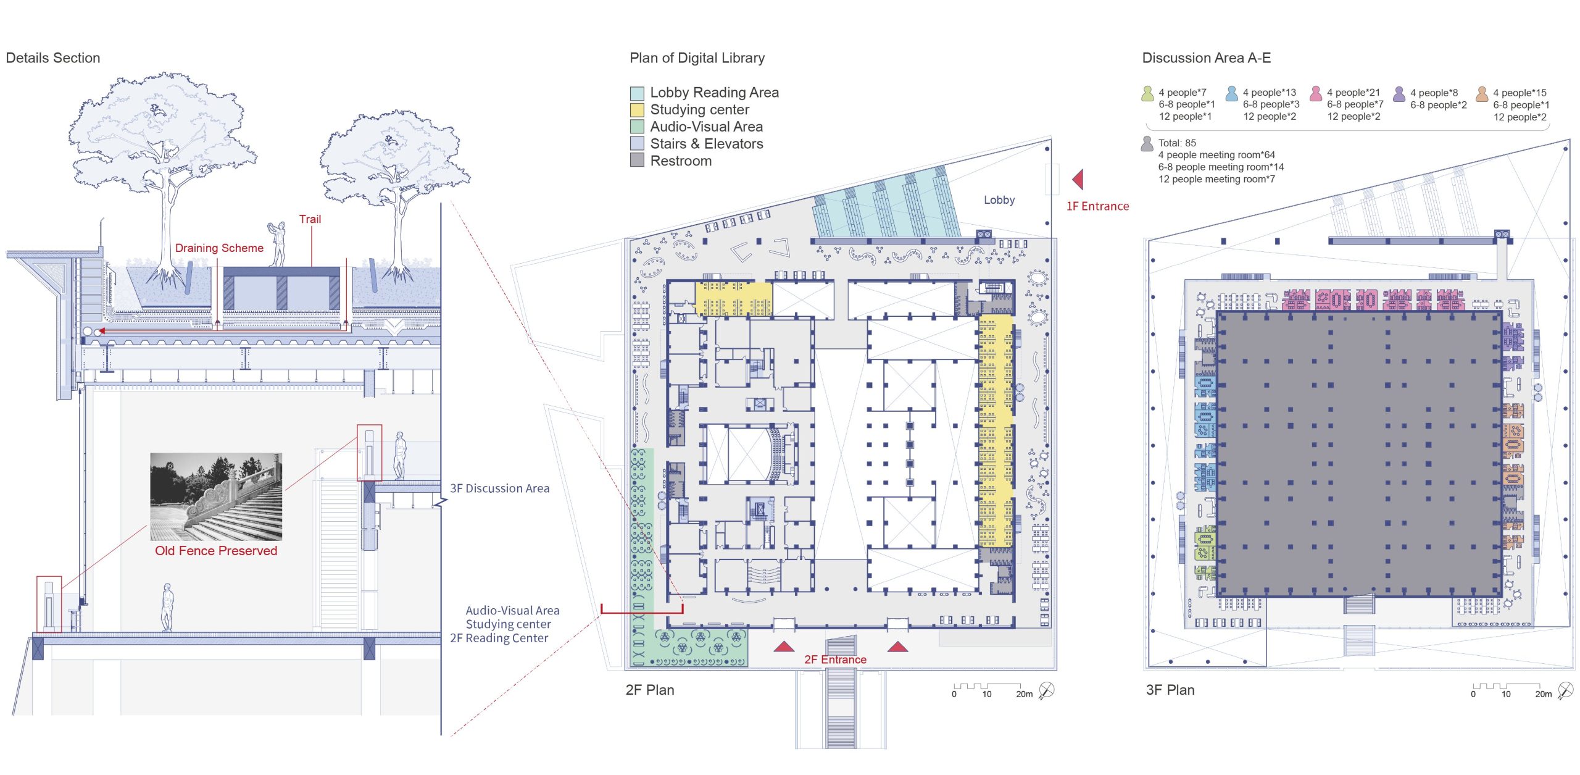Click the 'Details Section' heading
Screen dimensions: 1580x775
[53, 58]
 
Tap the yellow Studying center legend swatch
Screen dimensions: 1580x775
[637, 110]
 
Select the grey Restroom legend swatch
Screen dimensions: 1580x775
[637, 161]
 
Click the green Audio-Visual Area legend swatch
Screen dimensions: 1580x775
[637, 127]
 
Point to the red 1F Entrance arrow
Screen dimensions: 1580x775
[1078, 180]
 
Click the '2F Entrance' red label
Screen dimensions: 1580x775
[835, 660]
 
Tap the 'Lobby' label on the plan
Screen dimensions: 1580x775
[999, 200]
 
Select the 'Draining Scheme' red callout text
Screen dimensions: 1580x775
[219, 248]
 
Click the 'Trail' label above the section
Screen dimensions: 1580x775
[310, 219]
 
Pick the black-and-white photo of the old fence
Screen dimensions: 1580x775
[216, 497]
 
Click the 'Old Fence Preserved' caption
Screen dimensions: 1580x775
[216, 551]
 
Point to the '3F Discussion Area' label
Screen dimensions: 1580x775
[499, 488]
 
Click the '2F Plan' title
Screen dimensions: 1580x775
[650, 690]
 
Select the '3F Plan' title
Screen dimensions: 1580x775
[1170, 690]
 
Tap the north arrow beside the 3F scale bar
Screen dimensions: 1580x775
[1565, 690]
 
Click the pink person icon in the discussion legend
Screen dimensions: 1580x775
[1315, 93]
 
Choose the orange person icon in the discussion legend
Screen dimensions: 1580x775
[1481, 94]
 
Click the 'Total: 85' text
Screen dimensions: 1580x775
[1177, 143]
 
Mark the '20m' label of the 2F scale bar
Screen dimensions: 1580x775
[1025, 694]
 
